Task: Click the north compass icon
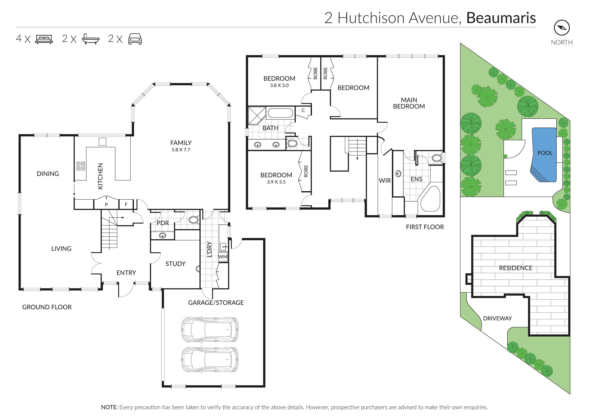click(x=561, y=28)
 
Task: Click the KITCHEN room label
click(x=100, y=176)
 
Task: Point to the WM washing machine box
click(x=223, y=257)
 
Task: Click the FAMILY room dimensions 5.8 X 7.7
click(x=181, y=150)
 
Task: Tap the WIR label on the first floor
click(x=385, y=180)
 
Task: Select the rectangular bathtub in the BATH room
click(x=280, y=113)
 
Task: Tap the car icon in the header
click(x=135, y=39)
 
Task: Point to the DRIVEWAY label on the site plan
click(x=497, y=318)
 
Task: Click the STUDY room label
click(x=175, y=264)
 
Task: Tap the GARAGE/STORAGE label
click(x=216, y=303)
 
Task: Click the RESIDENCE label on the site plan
click(x=516, y=268)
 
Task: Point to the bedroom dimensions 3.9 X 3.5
click(x=276, y=182)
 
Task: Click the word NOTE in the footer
click(x=109, y=407)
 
